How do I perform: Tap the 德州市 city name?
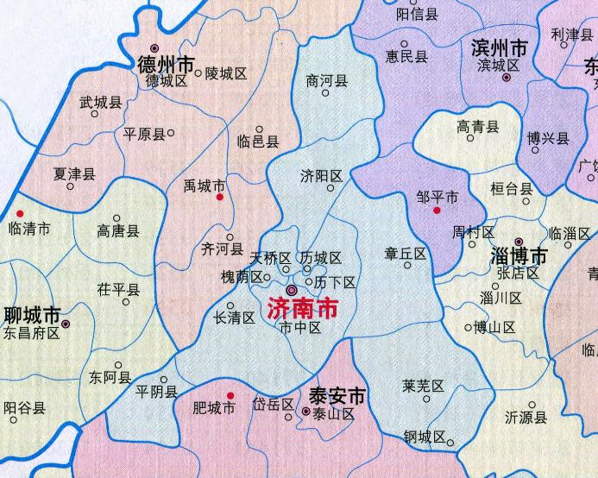[x=167, y=64]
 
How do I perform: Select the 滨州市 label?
[x=500, y=48]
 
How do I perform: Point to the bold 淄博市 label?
[x=518, y=257]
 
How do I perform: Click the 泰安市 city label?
[x=337, y=398]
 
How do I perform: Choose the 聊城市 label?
[x=32, y=315]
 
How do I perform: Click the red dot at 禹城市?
[x=220, y=198]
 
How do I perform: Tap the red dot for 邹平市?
[x=437, y=210]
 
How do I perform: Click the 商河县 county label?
[x=327, y=80]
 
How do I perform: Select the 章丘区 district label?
[x=406, y=254]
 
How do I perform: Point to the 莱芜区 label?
[x=423, y=385]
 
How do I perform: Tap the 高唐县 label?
[x=117, y=231]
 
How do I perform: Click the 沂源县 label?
[x=526, y=418]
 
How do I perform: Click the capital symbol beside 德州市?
[x=154, y=48]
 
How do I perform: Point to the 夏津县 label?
[x=74, y=173]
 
